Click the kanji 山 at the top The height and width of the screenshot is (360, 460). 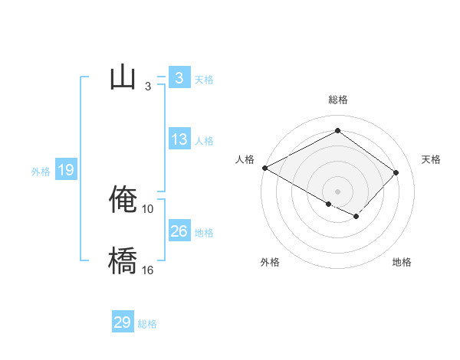point(123,77)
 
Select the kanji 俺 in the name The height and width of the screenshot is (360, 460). point(123,199)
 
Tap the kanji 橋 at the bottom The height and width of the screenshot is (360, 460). point(123,260)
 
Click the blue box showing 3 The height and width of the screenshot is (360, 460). point(179,77)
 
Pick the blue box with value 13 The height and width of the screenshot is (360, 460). point(179,139)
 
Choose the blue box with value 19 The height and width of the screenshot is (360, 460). point(66,170)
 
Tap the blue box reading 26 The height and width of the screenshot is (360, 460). point(179,231)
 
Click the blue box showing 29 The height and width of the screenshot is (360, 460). point(122,322)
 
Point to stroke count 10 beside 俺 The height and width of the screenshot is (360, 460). point(148,208)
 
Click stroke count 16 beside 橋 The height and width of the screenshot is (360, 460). point(148,270)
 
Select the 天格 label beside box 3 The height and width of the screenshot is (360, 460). point(204,80)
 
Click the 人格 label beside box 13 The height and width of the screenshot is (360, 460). point(204,141)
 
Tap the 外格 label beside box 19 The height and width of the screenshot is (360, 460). point(41,172)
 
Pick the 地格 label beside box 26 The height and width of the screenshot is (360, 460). point(204,233)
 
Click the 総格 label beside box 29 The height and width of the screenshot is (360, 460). point(147,325)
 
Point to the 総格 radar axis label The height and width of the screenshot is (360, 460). point(338,100)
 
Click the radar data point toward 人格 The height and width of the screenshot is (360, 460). point(264,168)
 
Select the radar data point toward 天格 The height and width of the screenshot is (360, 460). point(396,172)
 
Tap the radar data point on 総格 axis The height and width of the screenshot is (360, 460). point(337,131)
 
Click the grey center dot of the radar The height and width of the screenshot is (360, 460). point(337,191)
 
